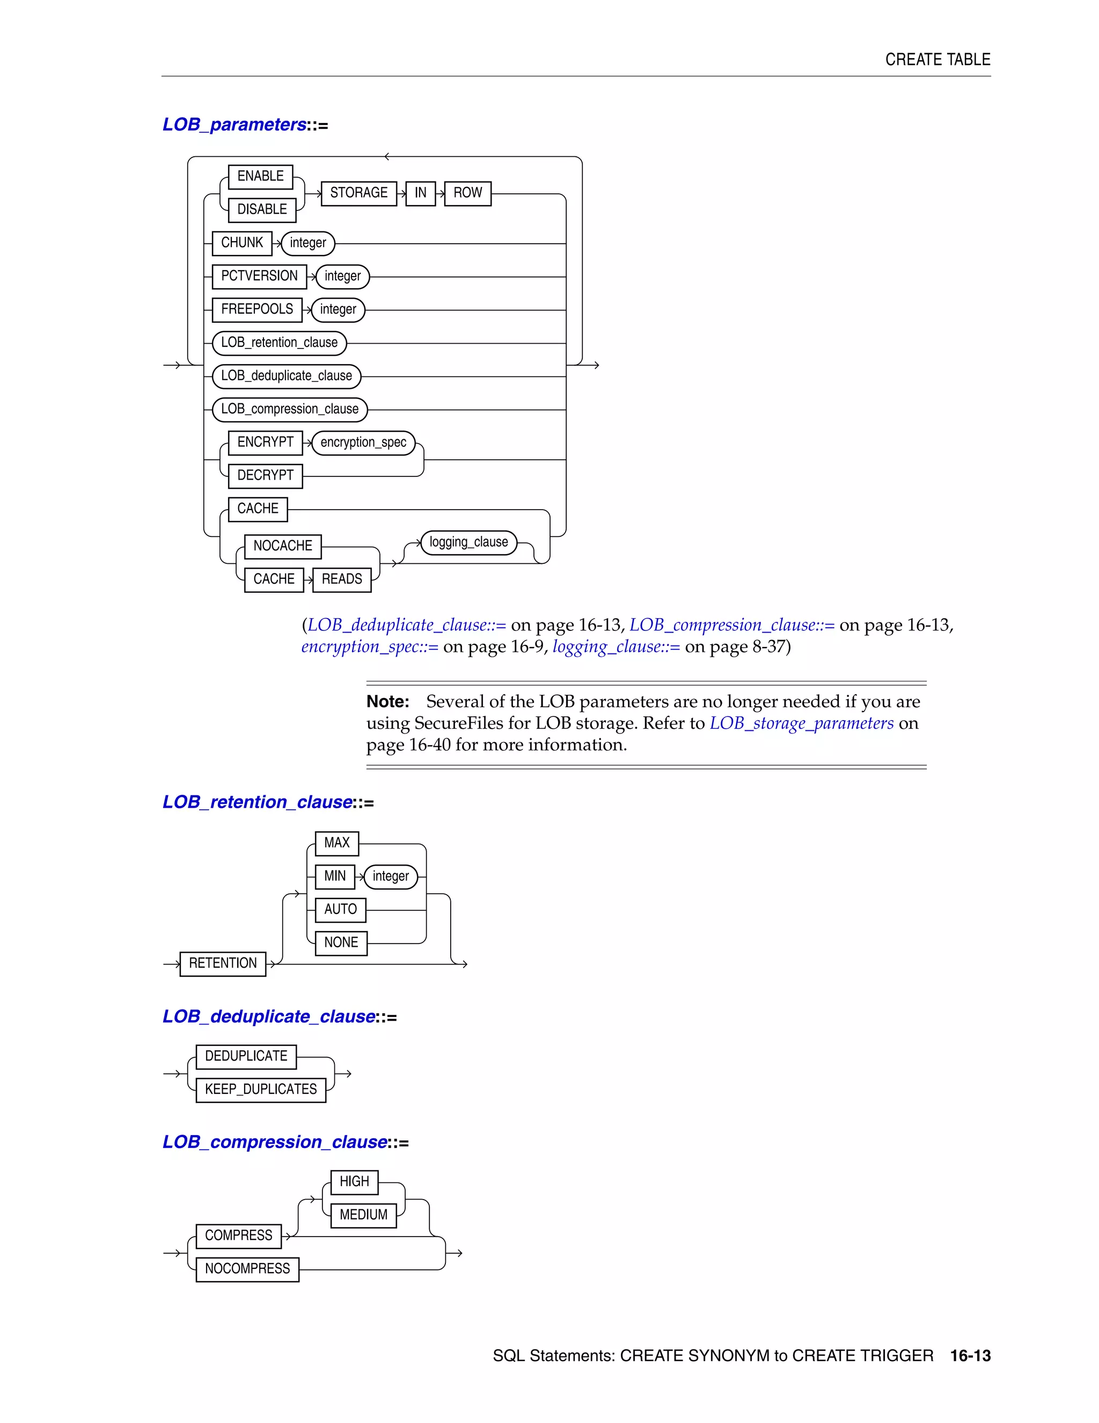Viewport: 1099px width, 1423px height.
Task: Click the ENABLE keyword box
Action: click(260, 177)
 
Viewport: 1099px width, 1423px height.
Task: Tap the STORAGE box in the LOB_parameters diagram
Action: click(359, 193)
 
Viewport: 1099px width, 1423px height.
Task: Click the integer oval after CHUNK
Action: click(308, 244)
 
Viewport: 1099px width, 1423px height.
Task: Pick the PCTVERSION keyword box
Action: click(259, 276)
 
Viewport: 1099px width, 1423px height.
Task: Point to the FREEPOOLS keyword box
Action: click(257, 309)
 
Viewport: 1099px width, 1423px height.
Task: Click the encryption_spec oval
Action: click(363, 443)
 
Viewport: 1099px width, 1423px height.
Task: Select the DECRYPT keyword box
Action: click(265, 476)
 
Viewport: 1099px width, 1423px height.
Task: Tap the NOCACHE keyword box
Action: click(283, 546)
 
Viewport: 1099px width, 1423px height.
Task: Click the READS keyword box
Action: click(342, 579)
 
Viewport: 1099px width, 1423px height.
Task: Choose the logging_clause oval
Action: click(469, 543)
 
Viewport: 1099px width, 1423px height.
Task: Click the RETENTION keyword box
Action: click(223, 964)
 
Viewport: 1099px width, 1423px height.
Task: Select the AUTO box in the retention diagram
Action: click(341, 910)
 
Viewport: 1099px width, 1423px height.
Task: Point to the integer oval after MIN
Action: click(391, 877)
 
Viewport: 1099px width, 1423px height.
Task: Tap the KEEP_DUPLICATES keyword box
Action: click(260, 1090)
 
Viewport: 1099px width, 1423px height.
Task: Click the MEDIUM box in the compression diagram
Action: click(363, 1215)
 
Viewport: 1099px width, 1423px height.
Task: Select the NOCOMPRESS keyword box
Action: click(247, 1269)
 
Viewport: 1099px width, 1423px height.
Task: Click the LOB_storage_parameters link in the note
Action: click(802, 724)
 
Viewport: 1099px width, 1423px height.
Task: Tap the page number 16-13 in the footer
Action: click(970, 1356)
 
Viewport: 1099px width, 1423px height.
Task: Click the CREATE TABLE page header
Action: click(937, 60)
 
